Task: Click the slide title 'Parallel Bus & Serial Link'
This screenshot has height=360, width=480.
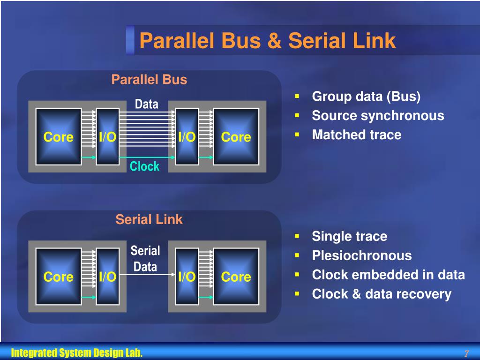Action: point(267,41)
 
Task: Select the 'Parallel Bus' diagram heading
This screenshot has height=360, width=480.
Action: point(149,80)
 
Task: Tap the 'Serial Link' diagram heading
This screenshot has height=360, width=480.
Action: point(149,219)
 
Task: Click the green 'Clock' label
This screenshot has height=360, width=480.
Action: point(144,166)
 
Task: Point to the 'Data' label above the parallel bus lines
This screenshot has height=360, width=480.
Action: point(147,104)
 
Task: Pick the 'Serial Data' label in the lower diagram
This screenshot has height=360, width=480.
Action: point(145,259)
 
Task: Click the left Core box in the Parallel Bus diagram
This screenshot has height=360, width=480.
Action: point(59,137)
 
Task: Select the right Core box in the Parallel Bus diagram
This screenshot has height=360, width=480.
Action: point(236,137)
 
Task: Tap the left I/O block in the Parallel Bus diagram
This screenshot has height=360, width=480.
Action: point(107,137)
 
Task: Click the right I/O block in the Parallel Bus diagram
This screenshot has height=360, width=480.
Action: point(187,137)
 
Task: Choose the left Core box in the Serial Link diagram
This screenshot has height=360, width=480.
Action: point(59,277)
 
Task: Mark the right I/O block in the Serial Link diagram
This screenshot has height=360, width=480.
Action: point(187,277)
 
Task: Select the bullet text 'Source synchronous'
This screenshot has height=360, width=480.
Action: point(378,116)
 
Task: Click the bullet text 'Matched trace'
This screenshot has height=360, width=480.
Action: point(357,135)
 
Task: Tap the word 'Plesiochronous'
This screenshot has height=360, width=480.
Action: point(362,255)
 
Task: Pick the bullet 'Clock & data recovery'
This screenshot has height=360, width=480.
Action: point(382,294)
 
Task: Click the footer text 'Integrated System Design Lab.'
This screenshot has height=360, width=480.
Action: point(77,353)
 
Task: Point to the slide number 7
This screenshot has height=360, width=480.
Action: point(466,353)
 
